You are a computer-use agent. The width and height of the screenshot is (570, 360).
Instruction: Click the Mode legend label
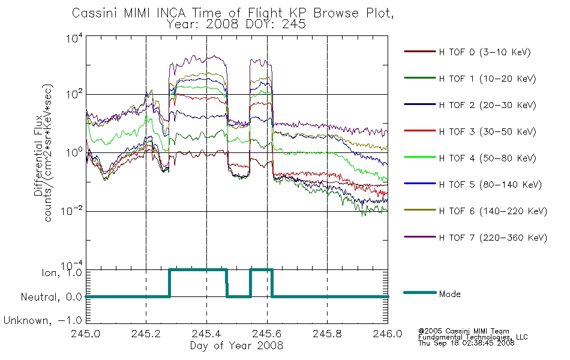coord(449,294)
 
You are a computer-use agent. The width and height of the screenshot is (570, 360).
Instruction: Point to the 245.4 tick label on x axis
coord(206,334)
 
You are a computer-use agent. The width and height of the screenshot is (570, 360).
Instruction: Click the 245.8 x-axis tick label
coord(327,334)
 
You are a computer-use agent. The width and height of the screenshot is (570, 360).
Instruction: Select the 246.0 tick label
coord(388,334)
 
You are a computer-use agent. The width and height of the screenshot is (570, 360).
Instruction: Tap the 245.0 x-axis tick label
coord(85,334)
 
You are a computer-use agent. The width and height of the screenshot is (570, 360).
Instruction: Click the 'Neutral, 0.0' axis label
coord(51,297)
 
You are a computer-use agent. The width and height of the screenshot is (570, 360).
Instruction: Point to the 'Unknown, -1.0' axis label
coord(43,320)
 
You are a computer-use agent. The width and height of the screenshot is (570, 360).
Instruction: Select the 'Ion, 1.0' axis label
coord(62,272)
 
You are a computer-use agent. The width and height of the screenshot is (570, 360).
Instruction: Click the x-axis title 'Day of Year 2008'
coord(236,346)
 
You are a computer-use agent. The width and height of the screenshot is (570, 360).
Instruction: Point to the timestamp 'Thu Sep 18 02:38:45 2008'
coord(466,343)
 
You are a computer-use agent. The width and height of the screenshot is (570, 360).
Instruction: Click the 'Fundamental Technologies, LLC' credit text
coord(473,337)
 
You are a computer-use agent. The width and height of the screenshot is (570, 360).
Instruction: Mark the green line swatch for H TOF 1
coord(420,78)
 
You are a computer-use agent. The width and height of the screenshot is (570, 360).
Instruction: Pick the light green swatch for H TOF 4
coord(420,157)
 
